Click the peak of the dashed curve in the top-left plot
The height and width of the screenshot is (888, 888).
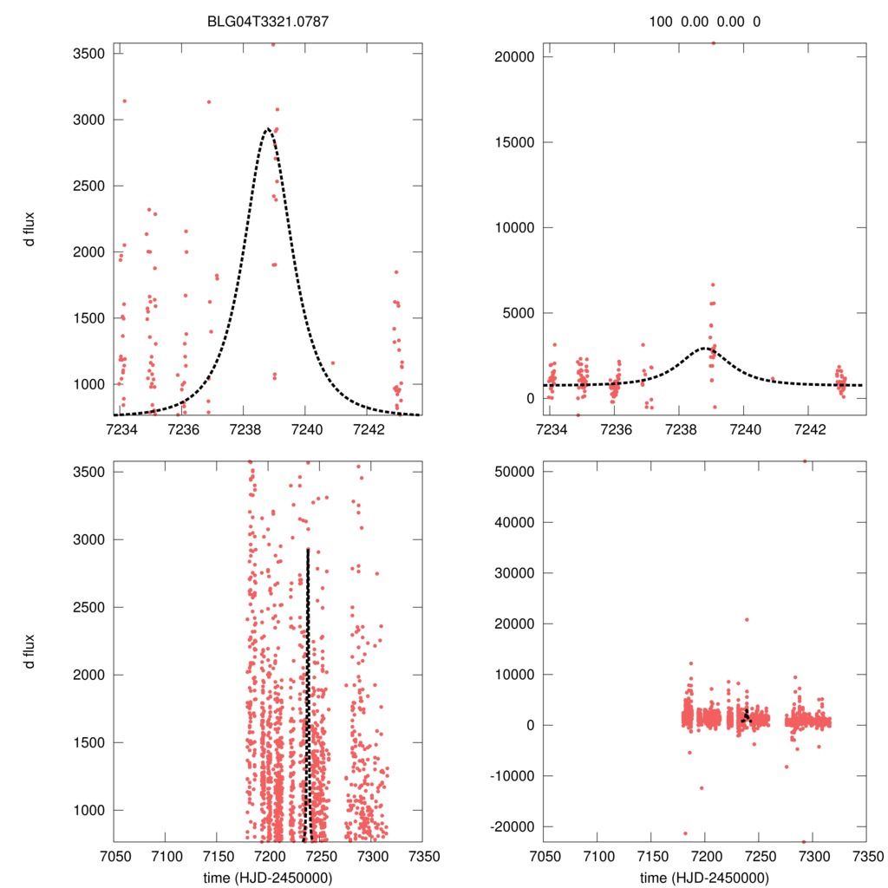click(268, 129)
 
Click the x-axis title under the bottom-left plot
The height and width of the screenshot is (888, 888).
click(268, 877)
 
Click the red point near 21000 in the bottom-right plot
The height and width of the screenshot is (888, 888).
click(747, 619)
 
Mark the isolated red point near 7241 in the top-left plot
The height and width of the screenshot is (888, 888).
click(333, 363)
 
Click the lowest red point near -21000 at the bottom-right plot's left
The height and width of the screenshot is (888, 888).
click(686, 833)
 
